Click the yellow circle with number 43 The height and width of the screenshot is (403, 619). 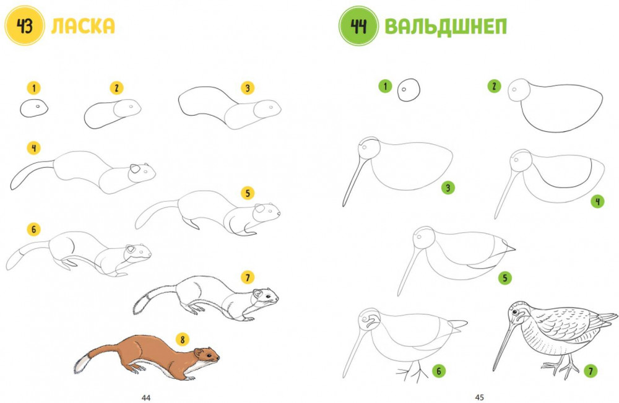tap(25, 26)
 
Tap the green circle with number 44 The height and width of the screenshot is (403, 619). tap(358, 26)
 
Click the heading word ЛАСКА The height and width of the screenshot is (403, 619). tap(83, 26)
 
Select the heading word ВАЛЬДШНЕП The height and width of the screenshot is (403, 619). tap(446, 27)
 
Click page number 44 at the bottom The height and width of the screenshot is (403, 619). tap(146, 397)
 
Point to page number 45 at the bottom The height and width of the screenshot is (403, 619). tap(479, 397)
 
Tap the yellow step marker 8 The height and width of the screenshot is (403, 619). tap(183, 339)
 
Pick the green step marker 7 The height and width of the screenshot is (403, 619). tap(591, 371)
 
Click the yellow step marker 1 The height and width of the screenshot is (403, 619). tap(34, 88)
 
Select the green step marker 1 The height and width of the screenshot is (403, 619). tap(385, 86)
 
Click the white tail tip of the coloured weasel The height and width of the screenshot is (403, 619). tap(80, 365)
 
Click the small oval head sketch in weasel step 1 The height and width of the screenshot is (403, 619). tap(34, 108)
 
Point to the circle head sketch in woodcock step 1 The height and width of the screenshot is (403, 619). tap(409, 90)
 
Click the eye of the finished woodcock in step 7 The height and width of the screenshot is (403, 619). tap(515, 312)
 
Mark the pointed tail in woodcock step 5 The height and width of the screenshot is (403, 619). tap(508, 247)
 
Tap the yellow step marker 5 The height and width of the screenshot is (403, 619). tap(248, 193)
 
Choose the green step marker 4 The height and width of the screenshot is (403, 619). tap(597, 202)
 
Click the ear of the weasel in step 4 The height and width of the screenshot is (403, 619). tap(135, 169)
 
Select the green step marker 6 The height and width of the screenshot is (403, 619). tap(438, 371)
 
